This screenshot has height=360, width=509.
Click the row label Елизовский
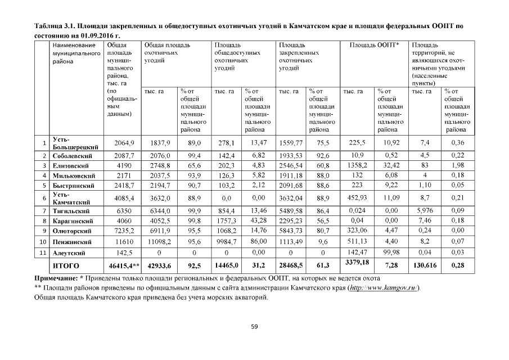pos(70,165)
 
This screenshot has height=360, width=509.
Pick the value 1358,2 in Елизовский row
pos(358,165)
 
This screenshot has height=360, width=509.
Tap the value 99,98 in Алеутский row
pos(390,252)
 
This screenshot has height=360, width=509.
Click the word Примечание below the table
pos(51,278)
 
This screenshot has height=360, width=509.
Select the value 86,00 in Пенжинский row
pos(258,241)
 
